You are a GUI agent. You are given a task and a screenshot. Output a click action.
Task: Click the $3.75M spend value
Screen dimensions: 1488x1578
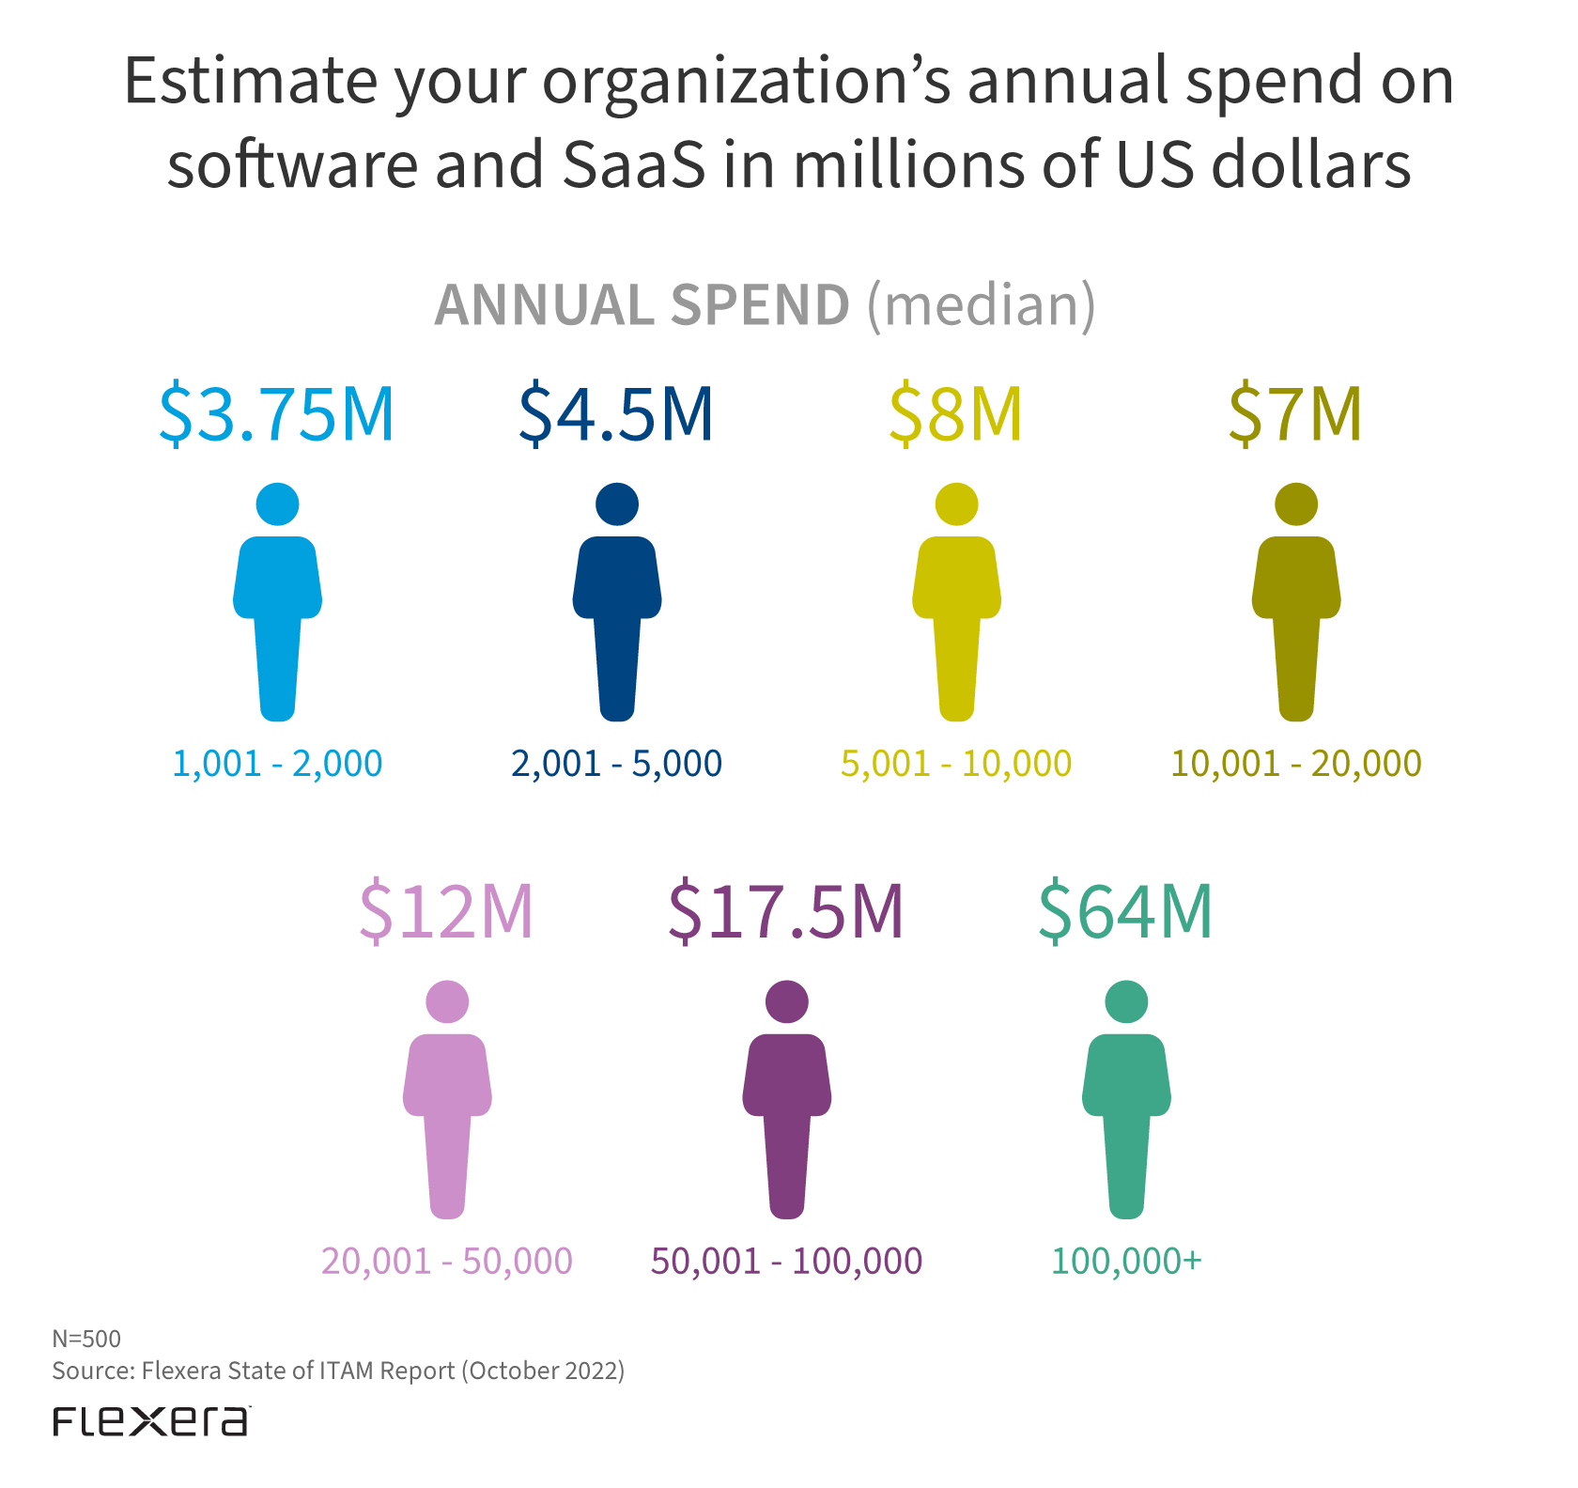[276, 413]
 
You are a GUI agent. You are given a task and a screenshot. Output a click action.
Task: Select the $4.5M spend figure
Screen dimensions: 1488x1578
[616, 413]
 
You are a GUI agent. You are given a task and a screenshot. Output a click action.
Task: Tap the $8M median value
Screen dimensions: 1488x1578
[955, 413]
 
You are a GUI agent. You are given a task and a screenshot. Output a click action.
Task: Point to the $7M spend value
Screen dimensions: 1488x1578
[1295, 413]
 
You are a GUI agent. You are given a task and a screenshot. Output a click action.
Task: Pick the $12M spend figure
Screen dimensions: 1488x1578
[446, 911]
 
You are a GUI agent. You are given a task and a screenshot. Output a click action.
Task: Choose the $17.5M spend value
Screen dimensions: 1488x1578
[786, 911]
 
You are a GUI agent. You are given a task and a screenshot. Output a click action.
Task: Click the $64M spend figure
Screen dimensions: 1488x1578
[1125, 911]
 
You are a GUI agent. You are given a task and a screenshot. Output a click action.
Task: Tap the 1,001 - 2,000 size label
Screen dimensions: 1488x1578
[277, 764]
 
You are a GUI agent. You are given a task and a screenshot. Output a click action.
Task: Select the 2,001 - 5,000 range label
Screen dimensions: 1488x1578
[616, 764]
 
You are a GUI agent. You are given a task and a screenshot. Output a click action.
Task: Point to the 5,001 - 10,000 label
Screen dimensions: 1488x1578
[956, 764]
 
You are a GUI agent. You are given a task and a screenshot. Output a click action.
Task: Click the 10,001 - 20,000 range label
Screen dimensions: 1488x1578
[1296, 764]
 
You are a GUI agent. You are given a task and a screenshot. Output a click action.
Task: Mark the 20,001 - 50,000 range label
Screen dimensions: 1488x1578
[447, 1261]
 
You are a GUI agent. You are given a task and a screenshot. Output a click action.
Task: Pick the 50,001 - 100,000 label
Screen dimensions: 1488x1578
[786, 1261]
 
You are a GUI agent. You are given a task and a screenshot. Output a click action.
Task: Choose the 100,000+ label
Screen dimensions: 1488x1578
[1126, 1261]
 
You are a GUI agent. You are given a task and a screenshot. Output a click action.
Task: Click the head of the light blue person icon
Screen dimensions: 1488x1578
[277, 504]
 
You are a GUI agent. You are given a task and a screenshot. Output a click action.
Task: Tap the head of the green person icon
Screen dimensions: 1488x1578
[1126, 1001]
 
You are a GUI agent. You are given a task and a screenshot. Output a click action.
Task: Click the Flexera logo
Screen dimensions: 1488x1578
[151, 1421]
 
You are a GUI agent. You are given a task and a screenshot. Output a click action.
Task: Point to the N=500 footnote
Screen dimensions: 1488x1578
[86, 1339]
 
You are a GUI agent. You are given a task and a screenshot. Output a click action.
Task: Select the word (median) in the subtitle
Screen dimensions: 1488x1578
[981, 304]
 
